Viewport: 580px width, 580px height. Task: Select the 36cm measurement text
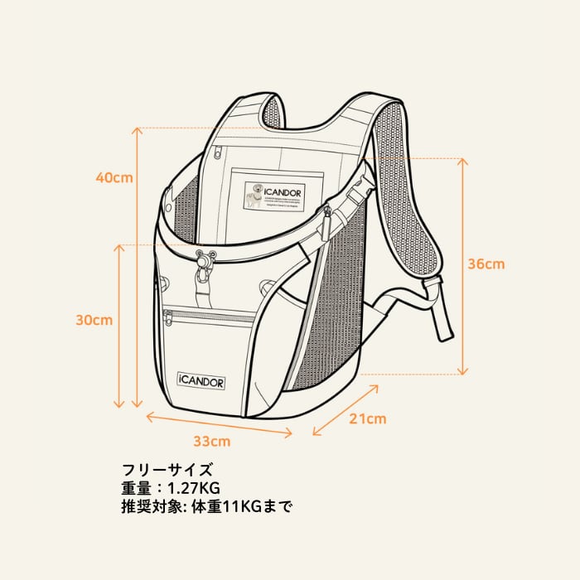tap(486, 264)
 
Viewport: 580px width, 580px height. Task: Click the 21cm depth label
tap(367, 419)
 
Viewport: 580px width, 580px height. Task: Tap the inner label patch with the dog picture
tap(278, 196)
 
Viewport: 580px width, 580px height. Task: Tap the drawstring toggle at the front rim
tap(204, 263)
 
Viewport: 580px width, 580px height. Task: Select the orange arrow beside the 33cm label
tap(220, 422)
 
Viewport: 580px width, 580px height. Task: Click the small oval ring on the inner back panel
tap(217, 152)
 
